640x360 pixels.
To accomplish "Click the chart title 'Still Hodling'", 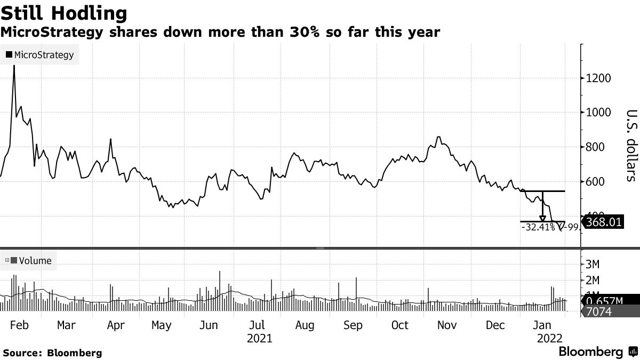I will [x=64, y=13].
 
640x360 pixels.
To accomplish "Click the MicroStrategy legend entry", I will [x=40, y=54].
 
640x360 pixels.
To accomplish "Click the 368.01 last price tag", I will [x=604, y=221].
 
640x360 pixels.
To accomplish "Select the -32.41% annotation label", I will [x=537, y=227].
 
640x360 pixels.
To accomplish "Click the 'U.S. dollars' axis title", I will [x=631, y=145].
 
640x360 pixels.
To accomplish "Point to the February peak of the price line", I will [x=14, y=66].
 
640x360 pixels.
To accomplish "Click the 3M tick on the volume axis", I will [x=594, y=264].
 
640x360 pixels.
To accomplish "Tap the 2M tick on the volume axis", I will [x=594, y=280].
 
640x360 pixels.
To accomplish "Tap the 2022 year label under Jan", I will [x=549, y=338].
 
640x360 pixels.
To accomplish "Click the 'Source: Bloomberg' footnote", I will [x=52, y=353].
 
